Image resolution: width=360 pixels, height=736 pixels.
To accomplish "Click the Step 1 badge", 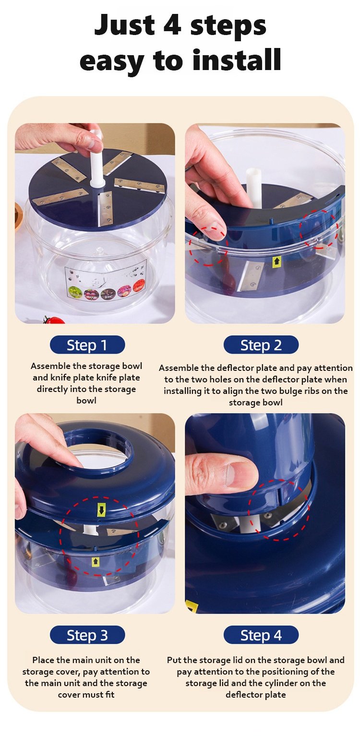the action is coord(87,344).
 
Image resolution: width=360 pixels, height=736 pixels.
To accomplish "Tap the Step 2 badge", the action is coord(261,344).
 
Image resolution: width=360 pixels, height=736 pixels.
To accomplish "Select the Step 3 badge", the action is coord(87,635).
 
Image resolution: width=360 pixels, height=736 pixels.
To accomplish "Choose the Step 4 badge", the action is coord(261,635).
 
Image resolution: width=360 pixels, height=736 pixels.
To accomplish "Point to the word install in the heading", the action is coord(237,60).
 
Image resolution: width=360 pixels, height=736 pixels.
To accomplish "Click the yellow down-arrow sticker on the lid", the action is coord(101,510).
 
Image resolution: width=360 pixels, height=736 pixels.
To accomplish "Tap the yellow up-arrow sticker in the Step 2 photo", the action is coord(277,261).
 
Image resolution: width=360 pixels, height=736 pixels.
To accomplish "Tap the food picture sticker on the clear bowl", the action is coord(106,281).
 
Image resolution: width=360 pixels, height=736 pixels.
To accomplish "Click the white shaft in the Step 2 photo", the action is coord(255,187).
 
